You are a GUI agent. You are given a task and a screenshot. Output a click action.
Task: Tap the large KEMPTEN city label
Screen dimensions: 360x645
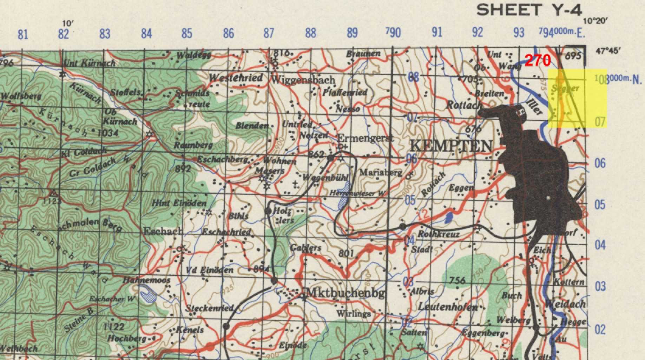[451, 146]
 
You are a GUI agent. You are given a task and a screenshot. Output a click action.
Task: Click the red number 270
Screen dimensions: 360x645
[538, 61]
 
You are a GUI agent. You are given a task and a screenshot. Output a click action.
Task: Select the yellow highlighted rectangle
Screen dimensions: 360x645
[577, 98]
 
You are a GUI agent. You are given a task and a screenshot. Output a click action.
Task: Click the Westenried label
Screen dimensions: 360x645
[236, 78]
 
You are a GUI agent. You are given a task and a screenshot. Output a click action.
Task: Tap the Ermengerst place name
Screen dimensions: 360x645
[365, 138]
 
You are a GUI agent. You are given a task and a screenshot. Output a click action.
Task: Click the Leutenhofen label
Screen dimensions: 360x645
[448, 307]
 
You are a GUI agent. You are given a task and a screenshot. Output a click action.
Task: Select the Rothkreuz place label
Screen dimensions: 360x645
[439, 234]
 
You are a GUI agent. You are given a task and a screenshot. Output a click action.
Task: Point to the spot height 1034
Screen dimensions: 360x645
[108, 133]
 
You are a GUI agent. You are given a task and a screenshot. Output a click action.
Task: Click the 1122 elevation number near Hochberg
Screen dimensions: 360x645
[114, 327]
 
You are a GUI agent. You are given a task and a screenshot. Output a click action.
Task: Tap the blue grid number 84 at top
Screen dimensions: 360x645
[146, 34]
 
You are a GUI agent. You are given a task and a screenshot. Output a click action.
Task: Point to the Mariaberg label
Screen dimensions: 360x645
[381, 172]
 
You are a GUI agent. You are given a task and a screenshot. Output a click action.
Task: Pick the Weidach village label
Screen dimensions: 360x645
[565, 304]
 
